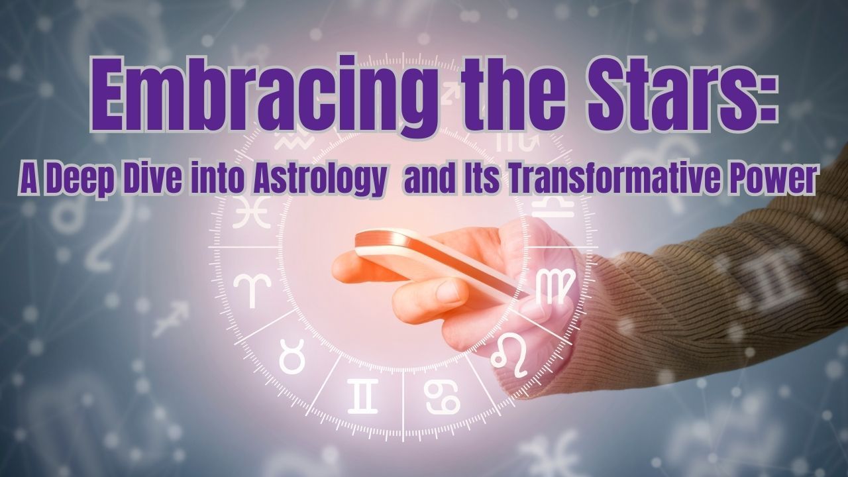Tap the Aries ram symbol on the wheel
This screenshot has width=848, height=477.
tap(252, 290)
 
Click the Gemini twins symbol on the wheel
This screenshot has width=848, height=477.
tap(362, 396)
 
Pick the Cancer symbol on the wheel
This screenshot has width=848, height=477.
tap(442, 397)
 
